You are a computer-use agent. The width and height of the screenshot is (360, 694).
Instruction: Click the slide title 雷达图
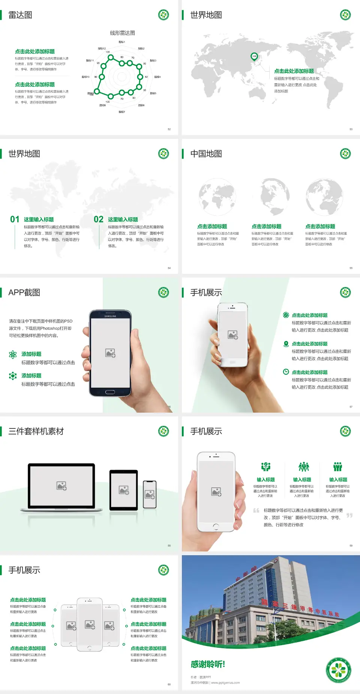pyautogui.click(x=20, y=15)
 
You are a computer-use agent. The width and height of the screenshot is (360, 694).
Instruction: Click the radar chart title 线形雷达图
pyautogui.click(x=122, y=33)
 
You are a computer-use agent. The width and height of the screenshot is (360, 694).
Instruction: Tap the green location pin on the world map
pyautogui.click(x=254, y=57)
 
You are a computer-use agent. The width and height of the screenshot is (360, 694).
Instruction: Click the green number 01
pyautogui.click(x=15, y=219)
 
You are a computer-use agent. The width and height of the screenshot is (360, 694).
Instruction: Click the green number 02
pyautogui.click(x=99, y=219)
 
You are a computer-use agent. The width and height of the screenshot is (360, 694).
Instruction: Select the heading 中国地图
pyautogui.click(x=206, y=154)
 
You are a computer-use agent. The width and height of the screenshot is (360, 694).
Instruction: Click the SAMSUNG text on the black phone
pyautogui.click(x=110, y=316)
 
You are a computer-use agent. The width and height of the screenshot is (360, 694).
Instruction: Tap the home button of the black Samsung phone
pyautogui.click(x=110, y=392)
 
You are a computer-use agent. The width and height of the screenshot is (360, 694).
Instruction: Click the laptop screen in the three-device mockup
pyautogui.click(x=62, y=485)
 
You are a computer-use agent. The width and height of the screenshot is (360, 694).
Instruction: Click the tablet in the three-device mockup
pyautogui.click(x=123, y=490)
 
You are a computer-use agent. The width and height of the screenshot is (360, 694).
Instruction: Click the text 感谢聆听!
pyautogui.click(x=208, y=664)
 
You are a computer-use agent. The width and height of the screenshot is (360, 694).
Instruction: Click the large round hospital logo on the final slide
pyautogui.click(x=339, y=670)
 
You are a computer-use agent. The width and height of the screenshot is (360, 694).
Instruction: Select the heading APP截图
pyautogui.click(x=24, y=293)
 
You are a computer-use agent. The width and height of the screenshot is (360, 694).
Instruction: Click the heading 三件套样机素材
pyautogui.click(x=36, y=431)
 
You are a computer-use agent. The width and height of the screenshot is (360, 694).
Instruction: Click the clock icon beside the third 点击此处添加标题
pyautogui.click(x=286, y=372)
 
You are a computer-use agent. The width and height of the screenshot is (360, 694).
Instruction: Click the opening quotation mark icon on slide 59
pyautogui.click(x=256, y=510)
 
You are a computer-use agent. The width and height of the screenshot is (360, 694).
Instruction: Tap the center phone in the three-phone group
pyautogui.click(x=90, y=624)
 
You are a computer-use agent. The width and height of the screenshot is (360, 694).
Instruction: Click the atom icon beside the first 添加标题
pyautogui.click(x=13, y=355)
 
